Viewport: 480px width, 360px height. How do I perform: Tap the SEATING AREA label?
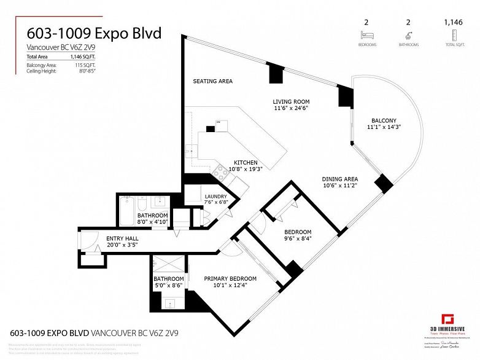213,81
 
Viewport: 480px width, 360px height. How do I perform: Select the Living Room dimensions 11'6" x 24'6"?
291,108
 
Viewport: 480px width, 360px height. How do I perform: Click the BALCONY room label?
384,120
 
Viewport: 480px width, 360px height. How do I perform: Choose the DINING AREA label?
339,179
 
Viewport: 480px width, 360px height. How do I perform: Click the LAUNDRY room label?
215,196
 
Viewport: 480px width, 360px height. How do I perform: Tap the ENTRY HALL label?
122,238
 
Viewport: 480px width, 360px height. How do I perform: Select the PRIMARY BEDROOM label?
230,278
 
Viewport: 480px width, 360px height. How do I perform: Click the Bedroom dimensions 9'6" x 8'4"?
298,239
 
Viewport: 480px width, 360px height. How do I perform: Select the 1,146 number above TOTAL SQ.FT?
454,22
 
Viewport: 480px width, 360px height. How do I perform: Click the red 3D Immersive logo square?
451,319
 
